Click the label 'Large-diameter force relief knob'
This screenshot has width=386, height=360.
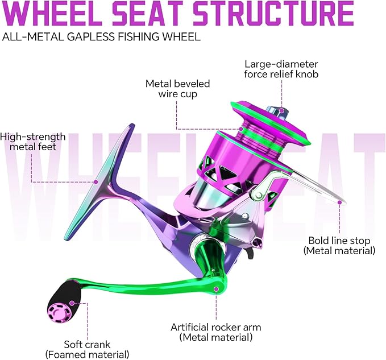[x=281, y=69]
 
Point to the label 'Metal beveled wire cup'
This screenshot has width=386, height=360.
[x=177, y=89]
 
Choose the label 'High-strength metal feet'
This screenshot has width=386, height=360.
[x=33, y=142]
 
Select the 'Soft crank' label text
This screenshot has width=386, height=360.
[x=87, y=345]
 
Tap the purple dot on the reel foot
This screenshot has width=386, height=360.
[x=96, y=182]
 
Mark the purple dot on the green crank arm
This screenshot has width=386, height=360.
[x=216, y=289]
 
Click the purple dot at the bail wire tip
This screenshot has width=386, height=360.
[x=339, y=202]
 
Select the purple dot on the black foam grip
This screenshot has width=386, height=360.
[x=72, y=303]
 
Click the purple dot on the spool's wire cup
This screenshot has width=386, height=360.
[x=242, y=129]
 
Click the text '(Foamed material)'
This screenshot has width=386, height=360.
[x=87, y=354]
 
